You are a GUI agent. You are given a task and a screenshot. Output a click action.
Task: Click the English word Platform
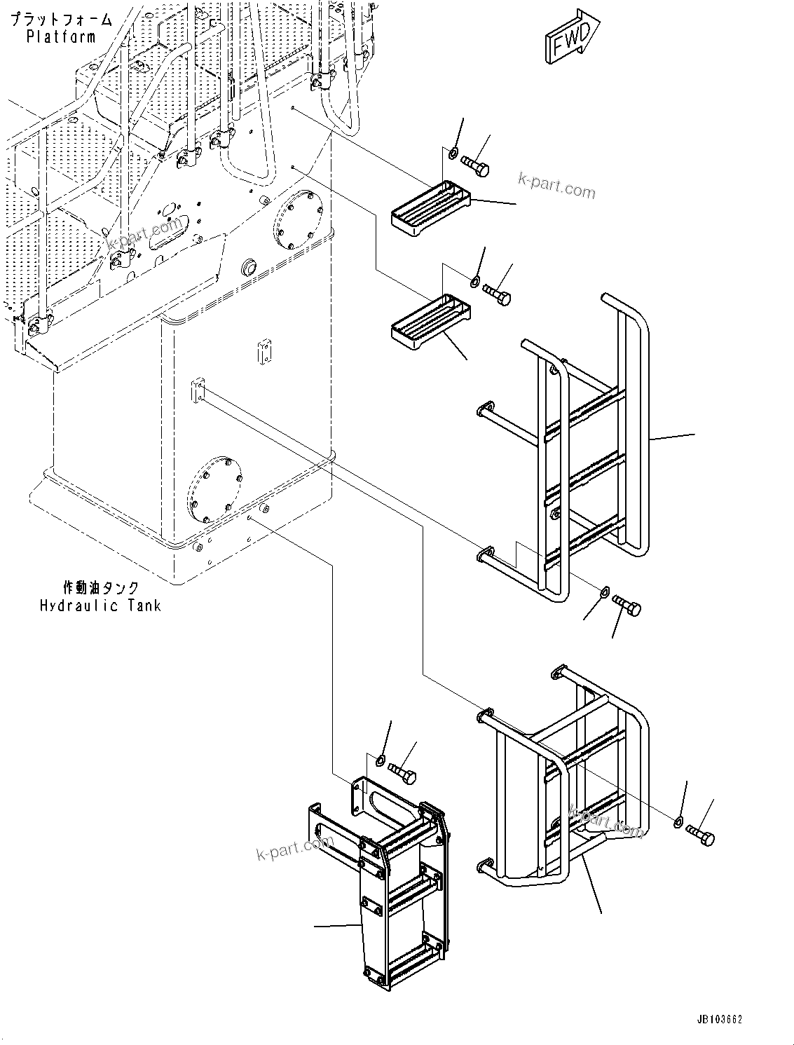coord(61,37)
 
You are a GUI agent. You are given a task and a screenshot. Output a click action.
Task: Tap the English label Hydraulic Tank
coord(100,605)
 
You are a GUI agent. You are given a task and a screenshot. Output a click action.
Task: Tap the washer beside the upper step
coord(453,153)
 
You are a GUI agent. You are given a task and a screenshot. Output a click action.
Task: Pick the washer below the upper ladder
coord(603,595)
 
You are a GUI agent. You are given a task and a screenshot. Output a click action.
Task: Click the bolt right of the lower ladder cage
coord(701,835)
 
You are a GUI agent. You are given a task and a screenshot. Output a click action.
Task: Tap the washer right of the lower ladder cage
coord(678,822)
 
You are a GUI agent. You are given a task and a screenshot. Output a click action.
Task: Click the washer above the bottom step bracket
coord(381,760)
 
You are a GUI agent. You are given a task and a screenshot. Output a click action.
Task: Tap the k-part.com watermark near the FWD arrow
coord(556,186)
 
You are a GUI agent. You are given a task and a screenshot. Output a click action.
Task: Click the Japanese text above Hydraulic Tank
coord(100,587)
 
